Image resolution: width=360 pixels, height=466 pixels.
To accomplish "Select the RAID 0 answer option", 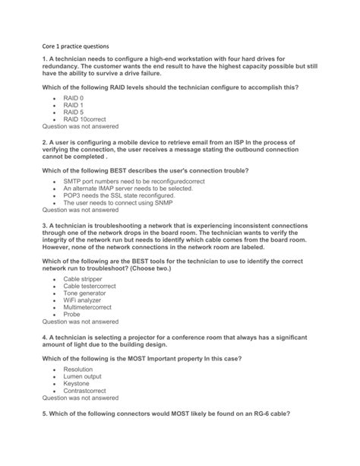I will [74, 99].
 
